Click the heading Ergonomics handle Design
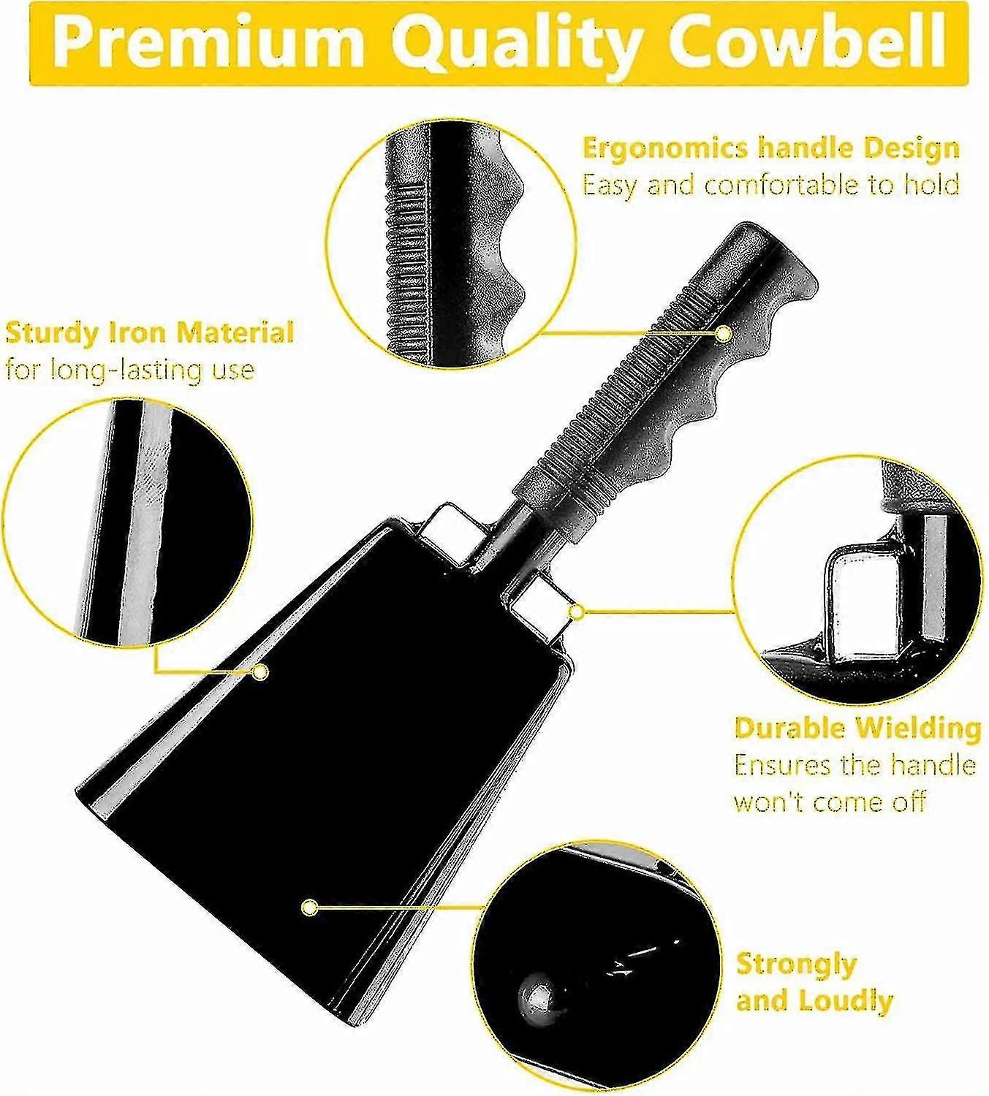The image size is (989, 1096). pos(770,148)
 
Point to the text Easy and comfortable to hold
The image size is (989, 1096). pos(770,186)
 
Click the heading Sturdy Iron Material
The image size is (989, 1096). pos(149,332)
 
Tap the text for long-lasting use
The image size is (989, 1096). pos(130,370)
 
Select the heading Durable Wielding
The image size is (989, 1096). pos(857,728)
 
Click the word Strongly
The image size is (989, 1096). pos(796,964)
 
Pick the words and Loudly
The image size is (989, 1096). pos(814,1000)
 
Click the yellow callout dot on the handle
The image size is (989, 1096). pos(723,334)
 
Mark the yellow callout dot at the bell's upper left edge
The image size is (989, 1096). pos(259,671)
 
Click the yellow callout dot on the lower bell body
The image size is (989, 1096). pos(310,907)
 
